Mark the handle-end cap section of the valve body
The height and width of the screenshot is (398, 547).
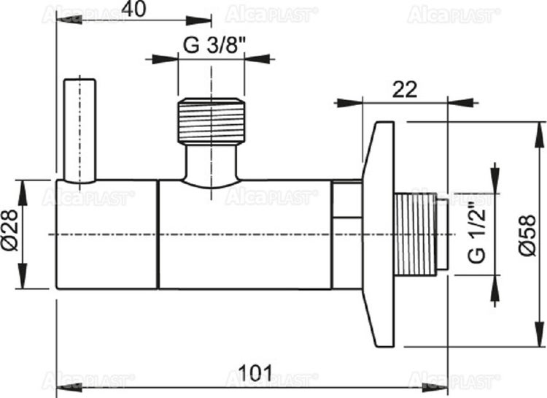click(x=107, y=234)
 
